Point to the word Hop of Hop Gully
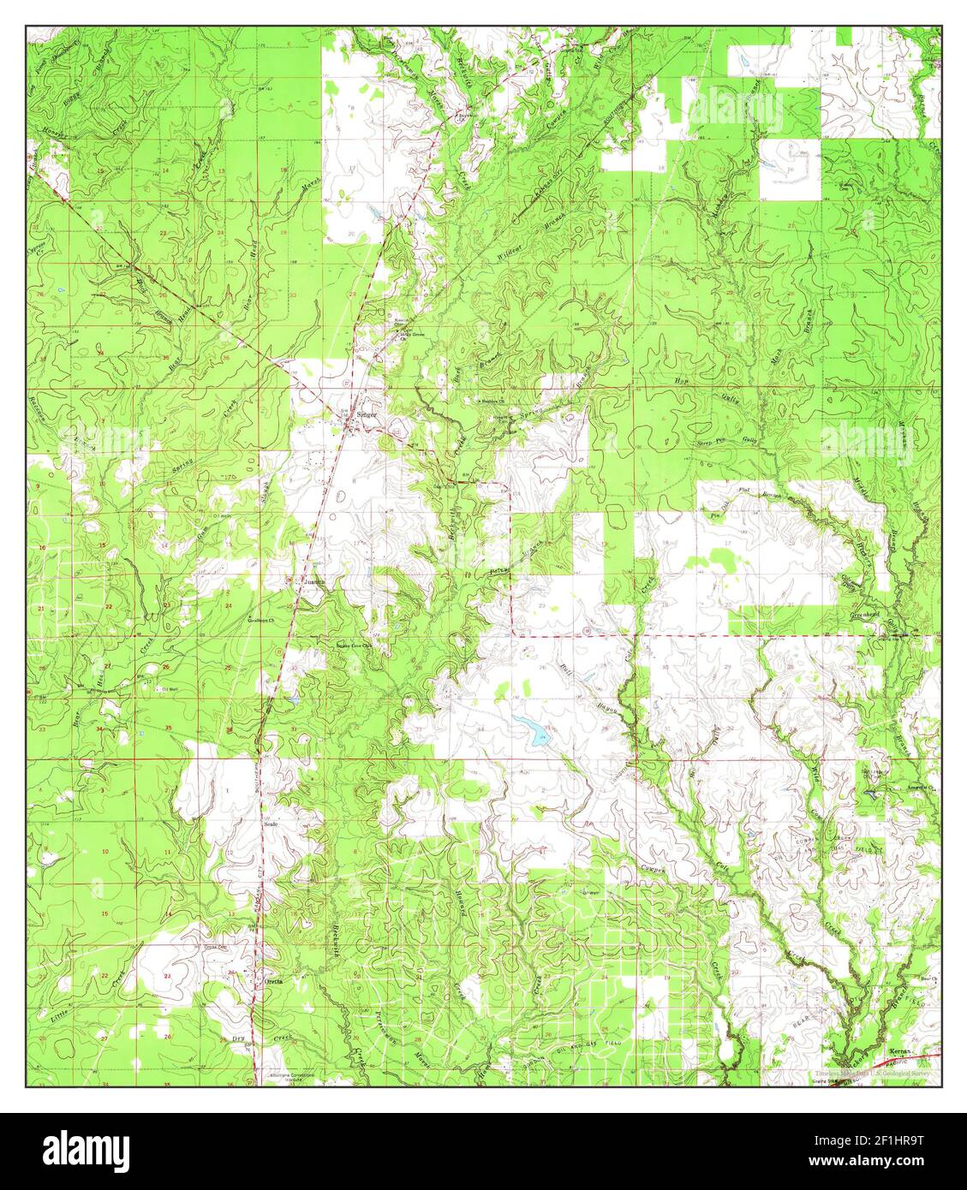pos(682,381)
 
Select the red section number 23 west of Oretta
pos(167,975)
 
